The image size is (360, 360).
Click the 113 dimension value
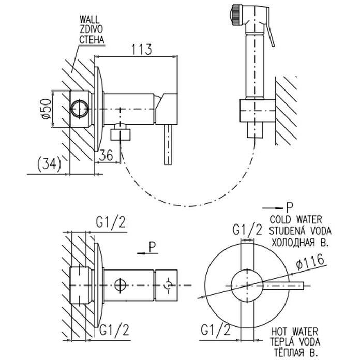point(141,49)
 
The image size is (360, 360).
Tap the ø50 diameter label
point(46,109)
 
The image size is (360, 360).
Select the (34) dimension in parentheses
point(49,164)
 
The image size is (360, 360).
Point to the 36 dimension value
point(106,155)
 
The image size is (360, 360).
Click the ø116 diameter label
point(310,262)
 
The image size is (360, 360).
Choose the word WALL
point(90,20)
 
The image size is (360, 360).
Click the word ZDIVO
point(91,29)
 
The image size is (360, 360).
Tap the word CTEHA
point(92,39)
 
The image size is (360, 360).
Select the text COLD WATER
point(296,220)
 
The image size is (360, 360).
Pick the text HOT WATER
point(295,332)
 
